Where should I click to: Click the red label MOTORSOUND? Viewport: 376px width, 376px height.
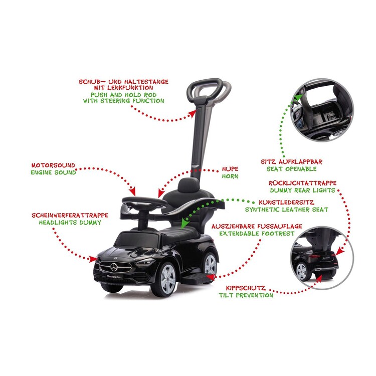click(x=53, y=165)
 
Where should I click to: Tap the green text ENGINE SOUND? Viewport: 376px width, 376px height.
click(x=53, y=172)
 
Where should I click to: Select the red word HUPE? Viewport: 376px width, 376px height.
click(x=230, y=169)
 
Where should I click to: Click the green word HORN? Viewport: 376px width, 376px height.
click(x=230, y=176)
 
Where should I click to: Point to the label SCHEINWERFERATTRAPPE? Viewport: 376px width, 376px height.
click(x=70, y=216)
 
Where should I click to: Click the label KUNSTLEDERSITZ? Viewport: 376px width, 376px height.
click(x=286, y=203)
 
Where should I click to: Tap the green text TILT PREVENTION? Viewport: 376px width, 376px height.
click(x=246, y=295)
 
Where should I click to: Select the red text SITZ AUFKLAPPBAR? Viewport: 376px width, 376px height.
click(x=291, y=161)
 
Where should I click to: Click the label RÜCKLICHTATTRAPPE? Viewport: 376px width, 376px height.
click(x=302, y=183)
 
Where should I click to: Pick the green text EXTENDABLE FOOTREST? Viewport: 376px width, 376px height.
click(x=257, y=234)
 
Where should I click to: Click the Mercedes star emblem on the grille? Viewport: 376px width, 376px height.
click(x=114, y=267)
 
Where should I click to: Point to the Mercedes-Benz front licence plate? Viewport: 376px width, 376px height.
click(x=114, y=277)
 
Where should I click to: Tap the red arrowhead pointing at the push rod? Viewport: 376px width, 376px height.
click(x=193, y=114)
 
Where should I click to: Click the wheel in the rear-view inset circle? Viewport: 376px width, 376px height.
click(x=302, y=271)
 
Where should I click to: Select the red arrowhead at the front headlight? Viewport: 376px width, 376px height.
click(x=93, y=259)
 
